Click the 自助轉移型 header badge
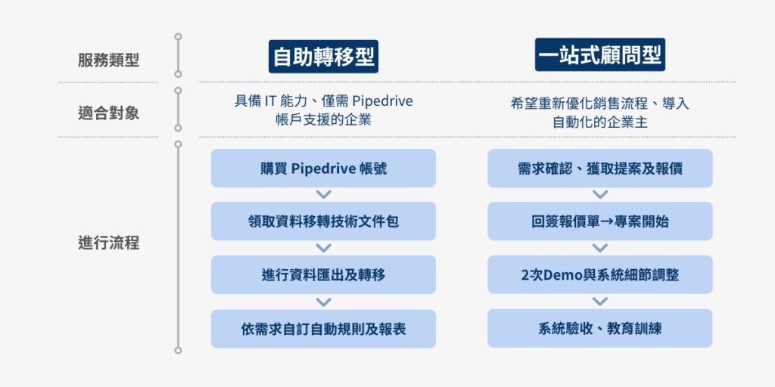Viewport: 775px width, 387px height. pos(323,57)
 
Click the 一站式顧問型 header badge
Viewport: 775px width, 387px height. pos(599,57)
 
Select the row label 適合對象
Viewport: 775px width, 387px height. pos(108,114)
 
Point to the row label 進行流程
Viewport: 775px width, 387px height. pos(108,243)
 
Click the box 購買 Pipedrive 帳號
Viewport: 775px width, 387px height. pos(323,168)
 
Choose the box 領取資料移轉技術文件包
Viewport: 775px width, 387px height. pos(323,221)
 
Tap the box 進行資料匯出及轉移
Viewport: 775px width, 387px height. pos(323,274)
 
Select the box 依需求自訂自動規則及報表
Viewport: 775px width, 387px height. pos(323,329)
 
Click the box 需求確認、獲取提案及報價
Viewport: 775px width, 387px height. pos(599,168)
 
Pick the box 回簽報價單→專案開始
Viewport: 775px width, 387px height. pos(599,221)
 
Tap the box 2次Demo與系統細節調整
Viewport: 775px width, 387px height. pos(599,274)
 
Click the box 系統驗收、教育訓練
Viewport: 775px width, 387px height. pos(599,329)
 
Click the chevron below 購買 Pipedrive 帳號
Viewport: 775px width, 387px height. pos(323,195)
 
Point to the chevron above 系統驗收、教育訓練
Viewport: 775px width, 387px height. pos(599,302)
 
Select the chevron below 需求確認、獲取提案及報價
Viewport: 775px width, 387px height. pos(599,195)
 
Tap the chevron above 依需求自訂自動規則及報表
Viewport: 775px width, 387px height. pos(323,302)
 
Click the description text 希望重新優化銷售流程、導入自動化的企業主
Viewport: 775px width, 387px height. pos(599,112)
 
